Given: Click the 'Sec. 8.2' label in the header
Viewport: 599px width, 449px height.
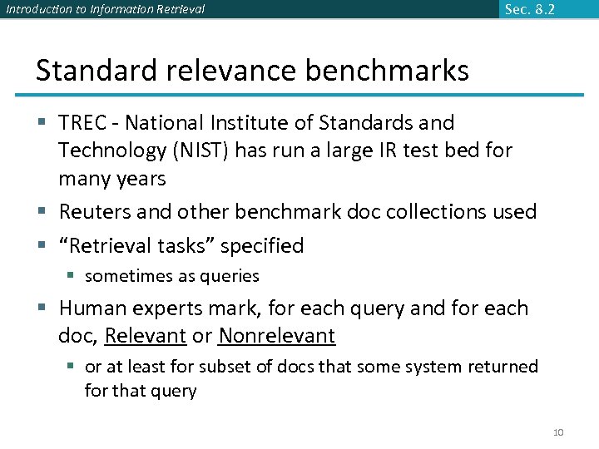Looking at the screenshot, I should (x=529, y=9).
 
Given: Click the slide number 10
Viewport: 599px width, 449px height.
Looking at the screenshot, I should (x=558, y=432).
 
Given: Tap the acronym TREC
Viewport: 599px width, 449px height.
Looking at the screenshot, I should (x=83, y=123).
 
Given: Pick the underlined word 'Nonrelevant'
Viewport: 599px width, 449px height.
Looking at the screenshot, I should (x=276, y=336).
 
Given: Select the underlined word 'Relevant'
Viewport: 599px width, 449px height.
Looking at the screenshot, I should (x=146, y=336).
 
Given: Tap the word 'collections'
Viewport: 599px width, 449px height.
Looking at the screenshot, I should (x=445, y=212).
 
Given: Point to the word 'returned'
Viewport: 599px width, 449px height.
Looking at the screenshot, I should (x=500, y=367).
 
